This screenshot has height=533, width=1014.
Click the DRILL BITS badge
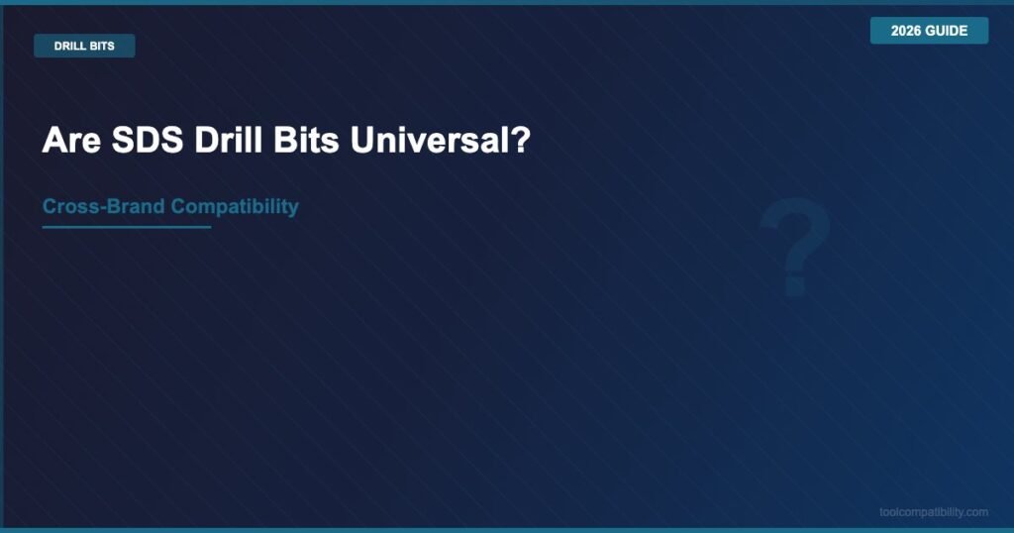84,46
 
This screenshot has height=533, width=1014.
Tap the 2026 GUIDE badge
929,31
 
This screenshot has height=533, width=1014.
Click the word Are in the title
71,139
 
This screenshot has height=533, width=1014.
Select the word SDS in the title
148,139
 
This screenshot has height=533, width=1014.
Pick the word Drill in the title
228,139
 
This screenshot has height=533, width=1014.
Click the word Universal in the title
427,139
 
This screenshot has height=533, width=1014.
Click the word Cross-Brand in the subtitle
103,206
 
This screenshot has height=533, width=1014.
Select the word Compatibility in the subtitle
235,207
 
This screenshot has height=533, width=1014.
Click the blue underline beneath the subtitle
127,227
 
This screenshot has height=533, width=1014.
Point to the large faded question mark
795,247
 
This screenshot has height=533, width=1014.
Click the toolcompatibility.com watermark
934,512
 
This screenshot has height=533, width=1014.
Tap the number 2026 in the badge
907,31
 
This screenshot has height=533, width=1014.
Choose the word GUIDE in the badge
948,31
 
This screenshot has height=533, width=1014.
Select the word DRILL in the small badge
68,46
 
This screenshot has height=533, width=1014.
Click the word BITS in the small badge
101,46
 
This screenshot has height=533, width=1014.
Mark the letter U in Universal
361,139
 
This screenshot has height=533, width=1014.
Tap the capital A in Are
53,139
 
